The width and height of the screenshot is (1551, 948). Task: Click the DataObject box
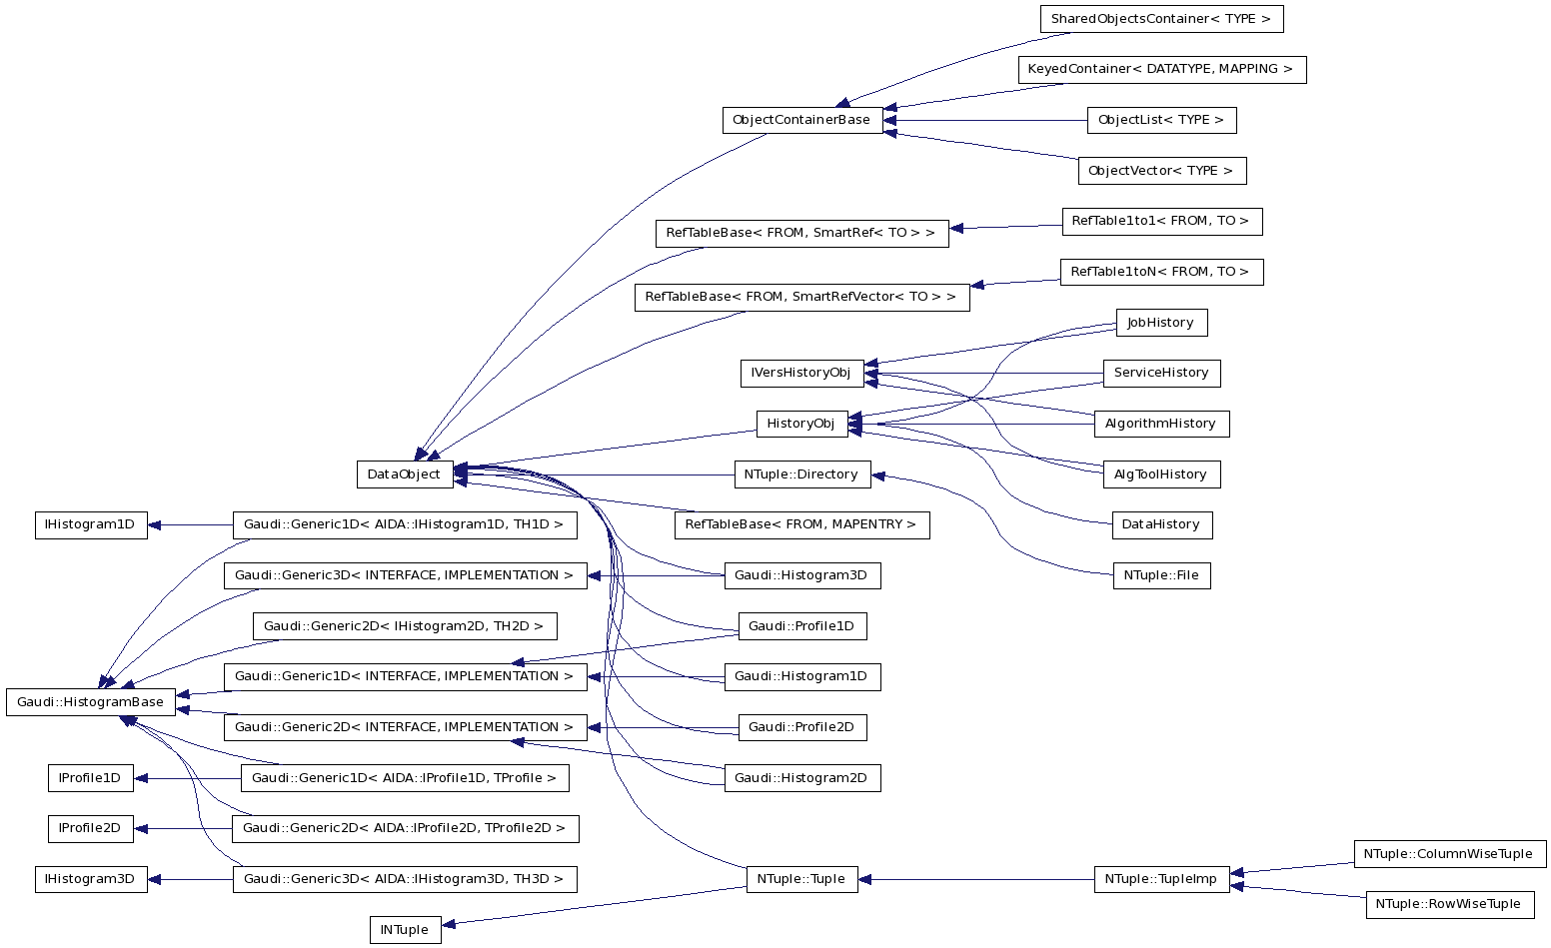tap(404, 474)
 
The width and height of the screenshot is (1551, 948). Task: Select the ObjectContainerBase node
tap(801, 120)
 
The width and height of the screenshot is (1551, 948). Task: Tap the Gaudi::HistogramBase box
tap(91, 702)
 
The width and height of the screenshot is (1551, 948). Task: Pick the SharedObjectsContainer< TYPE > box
tap(1161, 19)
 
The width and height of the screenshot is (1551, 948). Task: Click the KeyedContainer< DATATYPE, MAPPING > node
tap(1161, 70)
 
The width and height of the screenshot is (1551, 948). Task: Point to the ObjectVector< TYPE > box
tap(1161, 171)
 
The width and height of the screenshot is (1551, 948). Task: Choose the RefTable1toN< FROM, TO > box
tap(1161, 272)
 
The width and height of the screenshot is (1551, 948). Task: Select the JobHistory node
tap(1161, 323)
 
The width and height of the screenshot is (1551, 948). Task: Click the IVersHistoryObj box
tap(801, 373)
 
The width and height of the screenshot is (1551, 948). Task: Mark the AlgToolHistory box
tap(1161, 474)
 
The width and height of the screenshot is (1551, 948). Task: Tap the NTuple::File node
tap(1161, 575)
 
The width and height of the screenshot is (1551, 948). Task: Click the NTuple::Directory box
tap(801, 474)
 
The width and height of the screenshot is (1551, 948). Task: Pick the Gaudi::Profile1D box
tap(801, 626)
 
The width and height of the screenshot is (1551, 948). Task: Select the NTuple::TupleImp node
tap(1161, 879)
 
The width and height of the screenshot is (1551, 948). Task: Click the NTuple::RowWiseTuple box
tap(1449, 904)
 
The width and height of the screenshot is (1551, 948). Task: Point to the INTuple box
tap(405, 930)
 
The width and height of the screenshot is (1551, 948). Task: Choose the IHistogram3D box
tap(91, 879)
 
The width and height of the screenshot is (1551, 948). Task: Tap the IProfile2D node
tap(90, 828)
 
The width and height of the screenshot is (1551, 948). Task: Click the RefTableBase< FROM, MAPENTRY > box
tap(801, 524)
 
